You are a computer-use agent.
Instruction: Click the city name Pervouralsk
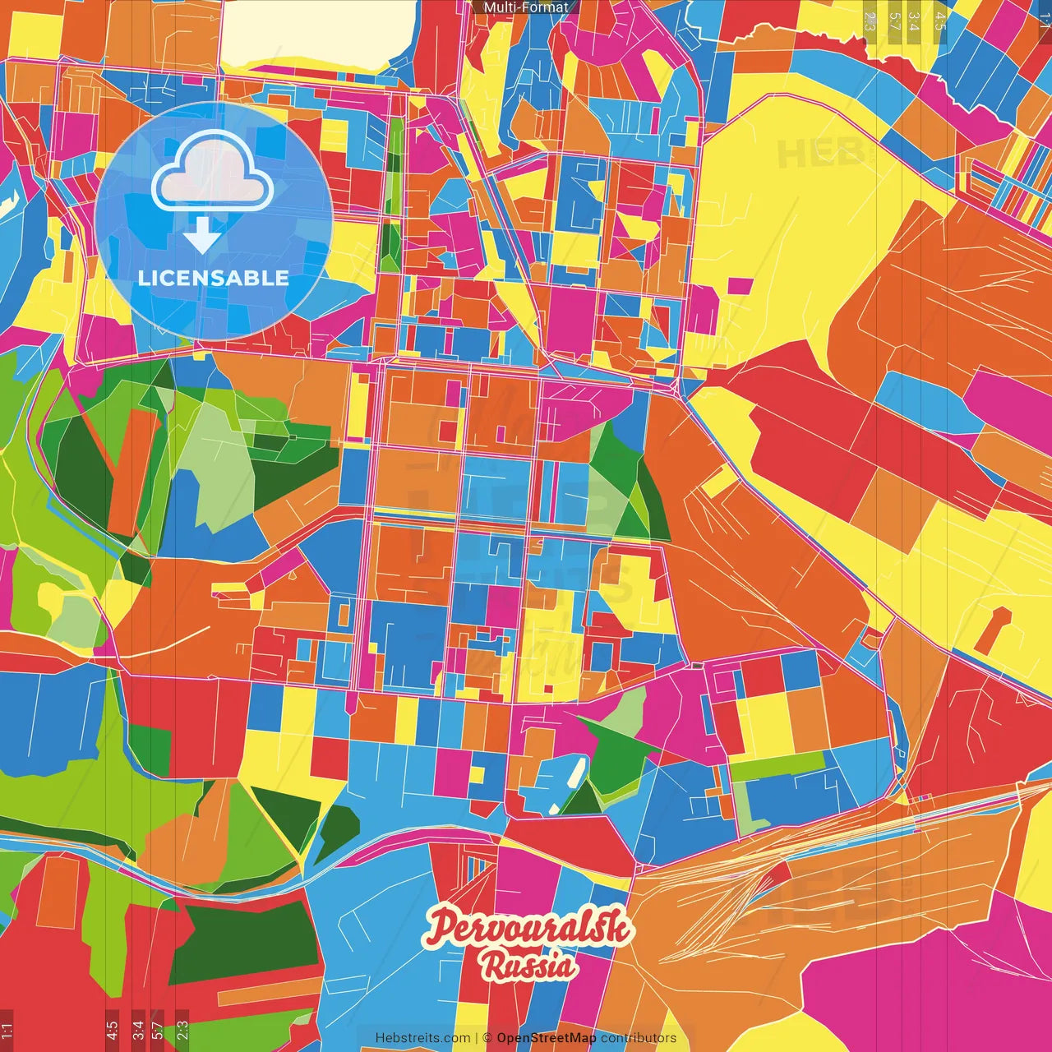click(x=528, y=929)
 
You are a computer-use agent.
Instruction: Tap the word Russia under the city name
click(x=528, y=965)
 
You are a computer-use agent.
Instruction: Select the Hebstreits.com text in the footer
click(x=422, y=1038)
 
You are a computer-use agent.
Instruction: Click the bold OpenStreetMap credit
click(x=547, y=1038)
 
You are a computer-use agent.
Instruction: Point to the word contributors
click(x=639, y=1038)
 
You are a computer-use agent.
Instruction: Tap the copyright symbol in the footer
click(x=487, y=1038)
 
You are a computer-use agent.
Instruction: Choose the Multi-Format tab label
click(x=526, y=7)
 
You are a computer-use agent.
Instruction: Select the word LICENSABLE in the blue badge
click(x=214, y=278)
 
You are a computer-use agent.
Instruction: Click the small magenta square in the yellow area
click(x=740, y=286)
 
